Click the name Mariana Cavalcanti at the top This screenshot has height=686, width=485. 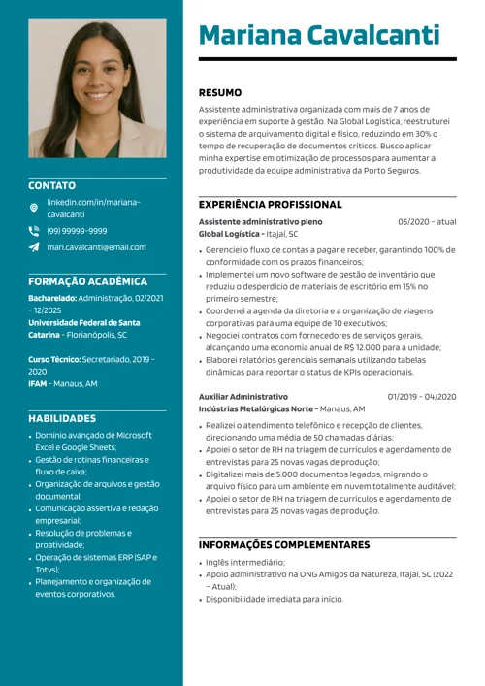pyautogui.click(x=319, y=35)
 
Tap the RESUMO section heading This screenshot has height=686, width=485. pyautogui.click(x=220, y=93)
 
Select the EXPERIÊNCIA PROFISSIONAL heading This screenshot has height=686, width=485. pyautogui.click(x=270, y=205)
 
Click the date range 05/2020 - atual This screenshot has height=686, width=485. pyautogui.click(x=427, y=222)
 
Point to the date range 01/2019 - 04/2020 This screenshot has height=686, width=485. pyautogui.click(x=422, y=397)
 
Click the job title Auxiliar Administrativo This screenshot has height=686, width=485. pyautogui.click(x=243, y=397)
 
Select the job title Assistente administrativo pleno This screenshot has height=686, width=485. pyautogui.click(x=260, y=222)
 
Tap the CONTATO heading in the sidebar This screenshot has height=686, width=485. pyautogui.click(x=51, y=185)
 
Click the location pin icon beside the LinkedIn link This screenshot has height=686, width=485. pyautogui.click(x=34, y=208)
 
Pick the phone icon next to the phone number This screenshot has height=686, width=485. pyautogui.click(x=34, y=231)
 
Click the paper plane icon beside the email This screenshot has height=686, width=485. pyautogui.click(x=34, y=247)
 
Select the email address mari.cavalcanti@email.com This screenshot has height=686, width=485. pyautogui.click(x=96, y=247)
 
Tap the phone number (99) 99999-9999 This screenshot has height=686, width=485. pyautogui.click(x=77, y=231)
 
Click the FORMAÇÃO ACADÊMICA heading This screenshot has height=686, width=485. pyautogui.click(x=87, y=281)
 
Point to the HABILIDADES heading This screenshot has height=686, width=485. pyautogui.click(x=62, y=418)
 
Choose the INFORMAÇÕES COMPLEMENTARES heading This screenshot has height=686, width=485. pyautogui.click(x=284, y=545)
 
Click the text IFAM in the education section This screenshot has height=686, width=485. pyautogui.click(x=38, y=384)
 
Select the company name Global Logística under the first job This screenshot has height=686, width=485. pyautogui.click(x=229, y=234)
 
